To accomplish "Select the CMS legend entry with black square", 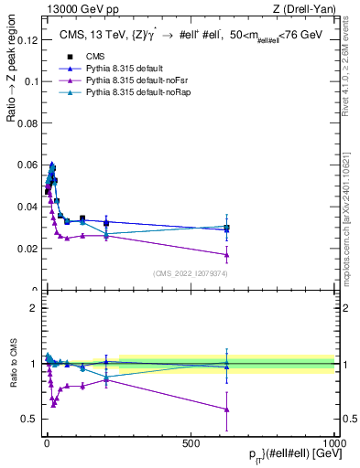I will (x=87, y=56).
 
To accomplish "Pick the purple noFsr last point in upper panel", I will (x=226, y=255).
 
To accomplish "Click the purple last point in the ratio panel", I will (x=226, y=409).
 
